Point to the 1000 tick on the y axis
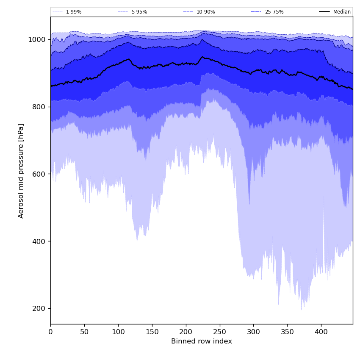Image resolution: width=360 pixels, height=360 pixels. click(x=36, y=40)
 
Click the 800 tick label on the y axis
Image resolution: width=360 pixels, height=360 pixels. click(x=39, y=107)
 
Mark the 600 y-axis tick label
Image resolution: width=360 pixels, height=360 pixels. click(x=39, y=174)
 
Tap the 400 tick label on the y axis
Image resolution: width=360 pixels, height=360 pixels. click(x=39, y=241)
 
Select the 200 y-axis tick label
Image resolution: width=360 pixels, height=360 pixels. click(x=39, y=309)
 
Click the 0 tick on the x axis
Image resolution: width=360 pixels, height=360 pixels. click(x=50, y=332)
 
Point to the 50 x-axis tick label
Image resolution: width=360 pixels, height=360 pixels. click(x=84, y=332)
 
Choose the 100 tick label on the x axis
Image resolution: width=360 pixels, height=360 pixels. click(x=118, y=332)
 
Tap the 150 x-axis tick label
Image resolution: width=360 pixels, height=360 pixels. click(x=152, y=332)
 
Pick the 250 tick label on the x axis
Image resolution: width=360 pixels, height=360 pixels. click(x=219, y=332)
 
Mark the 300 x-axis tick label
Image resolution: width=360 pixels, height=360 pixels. click(x=253, y=332)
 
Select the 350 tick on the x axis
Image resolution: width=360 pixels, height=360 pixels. click(x=287, y=332)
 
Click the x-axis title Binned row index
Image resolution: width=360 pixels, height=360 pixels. click(x=202, y=341)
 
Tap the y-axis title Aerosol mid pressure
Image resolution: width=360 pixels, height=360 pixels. click(x=21, y=171)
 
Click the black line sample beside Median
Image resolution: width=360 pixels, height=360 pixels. click(x=325, y=12)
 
